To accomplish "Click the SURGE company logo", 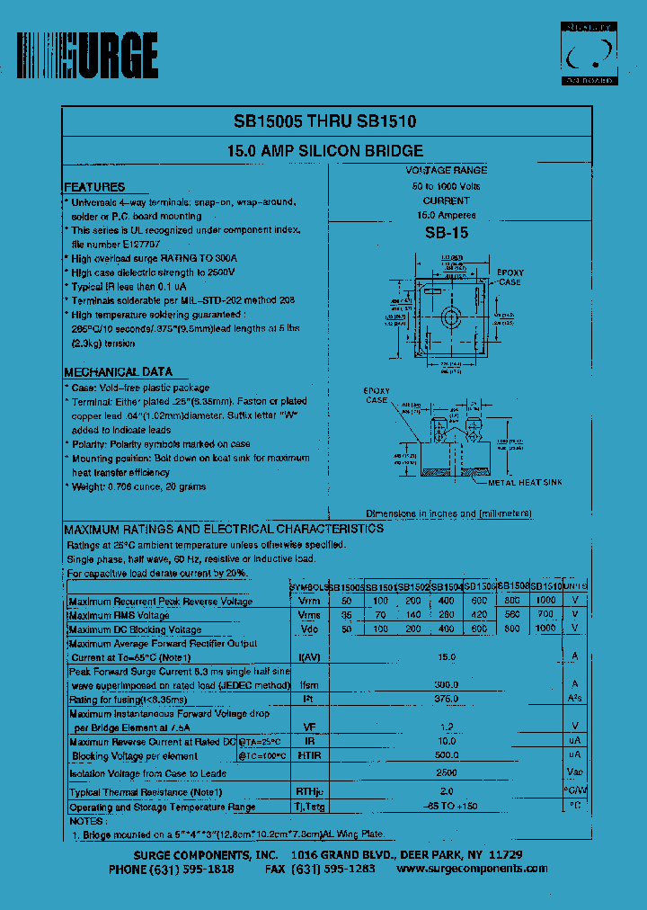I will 88,56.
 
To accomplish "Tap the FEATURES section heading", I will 94,187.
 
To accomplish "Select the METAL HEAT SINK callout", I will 525,483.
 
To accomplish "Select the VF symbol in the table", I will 309,727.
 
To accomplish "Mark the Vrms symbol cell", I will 309,615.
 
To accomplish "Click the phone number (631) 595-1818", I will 172,869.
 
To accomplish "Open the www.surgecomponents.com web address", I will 472,869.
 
